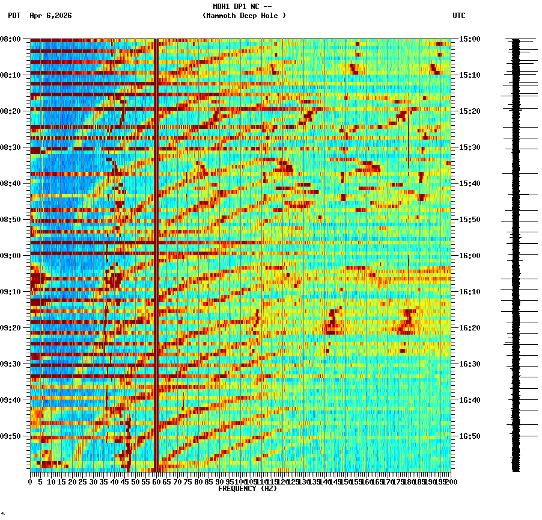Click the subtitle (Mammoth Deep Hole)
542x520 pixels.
[x=244, y=16]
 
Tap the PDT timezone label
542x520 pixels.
[x=14, y=16]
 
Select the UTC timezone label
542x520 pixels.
[x=458, y=16]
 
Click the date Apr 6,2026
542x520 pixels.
[x=50, y=16]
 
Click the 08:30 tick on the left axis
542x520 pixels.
[x=11, y=147]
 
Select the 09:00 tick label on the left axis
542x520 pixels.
[x=11, y=256]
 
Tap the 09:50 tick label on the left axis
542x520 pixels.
[x=11, y=436]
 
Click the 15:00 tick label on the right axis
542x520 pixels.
[x=469, y=39]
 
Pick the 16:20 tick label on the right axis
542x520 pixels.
[x=469, y=328]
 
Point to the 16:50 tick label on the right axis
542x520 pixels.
[x=469, y=436]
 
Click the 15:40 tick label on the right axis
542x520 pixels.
[x=469, y=184]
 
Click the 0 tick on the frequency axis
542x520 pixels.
[x=31, y=481]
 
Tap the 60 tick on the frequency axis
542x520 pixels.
[x=156, y=481]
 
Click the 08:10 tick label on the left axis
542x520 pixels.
[x=11, y=75]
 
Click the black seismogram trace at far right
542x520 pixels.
[x=516, y=253]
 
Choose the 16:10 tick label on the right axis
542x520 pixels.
[x=469, y=292]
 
